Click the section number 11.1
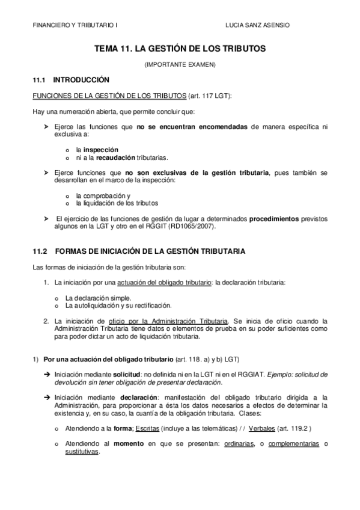pos(39,79)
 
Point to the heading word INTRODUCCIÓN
pos(81,79)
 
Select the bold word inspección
pos(101,149)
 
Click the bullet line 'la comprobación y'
pos(103,195)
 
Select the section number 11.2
pos(39,250)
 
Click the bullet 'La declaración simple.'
pos(98,297)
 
